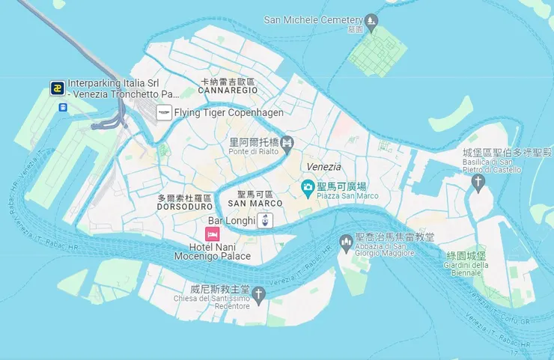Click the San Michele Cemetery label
(313, 19)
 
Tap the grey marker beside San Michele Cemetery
(371, 20)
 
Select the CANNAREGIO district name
(228, 90)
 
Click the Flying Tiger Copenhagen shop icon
(163, 113)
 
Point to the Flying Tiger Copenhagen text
(228, 113)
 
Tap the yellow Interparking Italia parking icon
(57, 88)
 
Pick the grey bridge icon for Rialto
(287, 143)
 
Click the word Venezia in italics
(323, 167)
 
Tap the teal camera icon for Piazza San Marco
(307, 186)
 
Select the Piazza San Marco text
(347, 196)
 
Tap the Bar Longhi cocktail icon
(266, 220)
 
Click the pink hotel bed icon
(213, 235)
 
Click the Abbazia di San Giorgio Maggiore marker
(346, 242)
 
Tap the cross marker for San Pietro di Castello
(478, 182)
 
